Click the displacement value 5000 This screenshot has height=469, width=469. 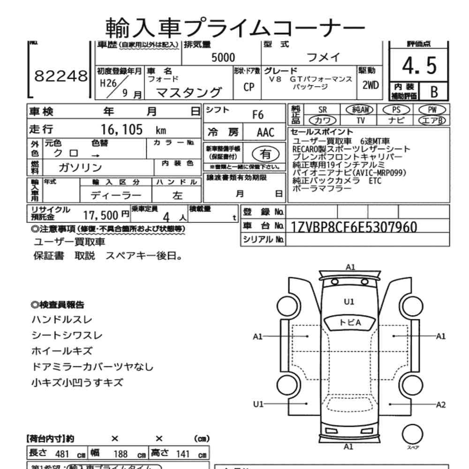(223, 58)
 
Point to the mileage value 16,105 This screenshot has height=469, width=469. (122, 130)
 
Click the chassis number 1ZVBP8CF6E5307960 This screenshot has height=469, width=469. (354, 227)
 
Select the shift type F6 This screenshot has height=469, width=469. (258, 114)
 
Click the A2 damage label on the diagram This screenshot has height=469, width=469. (441, 404)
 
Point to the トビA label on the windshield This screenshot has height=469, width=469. (350, 322)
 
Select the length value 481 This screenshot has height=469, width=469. (63, 454)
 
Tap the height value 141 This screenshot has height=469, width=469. (183, 454)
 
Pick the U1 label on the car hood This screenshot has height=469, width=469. (349, 302)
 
